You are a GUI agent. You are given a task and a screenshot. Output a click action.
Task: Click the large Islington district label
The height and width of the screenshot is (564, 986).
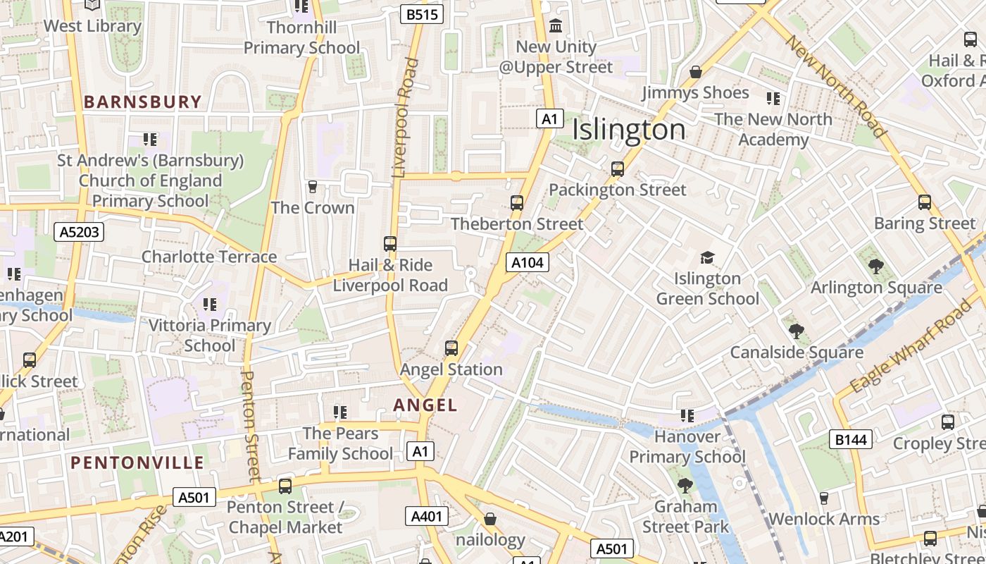(628, 130)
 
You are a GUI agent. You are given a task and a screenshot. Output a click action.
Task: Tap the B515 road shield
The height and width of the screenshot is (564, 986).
(421, 13)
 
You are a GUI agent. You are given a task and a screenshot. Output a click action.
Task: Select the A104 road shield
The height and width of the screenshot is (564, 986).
(527, 262)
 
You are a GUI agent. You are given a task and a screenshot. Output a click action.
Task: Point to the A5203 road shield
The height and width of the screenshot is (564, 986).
(79, 231)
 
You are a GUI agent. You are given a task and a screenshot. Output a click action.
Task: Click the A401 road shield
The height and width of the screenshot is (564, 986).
(427, 516)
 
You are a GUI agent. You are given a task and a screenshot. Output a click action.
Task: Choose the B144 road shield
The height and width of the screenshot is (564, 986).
(851, 440)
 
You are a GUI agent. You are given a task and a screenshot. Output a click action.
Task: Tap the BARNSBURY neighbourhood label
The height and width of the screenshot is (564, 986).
(143, 102)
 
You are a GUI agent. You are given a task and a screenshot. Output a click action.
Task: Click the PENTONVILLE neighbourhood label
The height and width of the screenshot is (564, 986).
(137, 463)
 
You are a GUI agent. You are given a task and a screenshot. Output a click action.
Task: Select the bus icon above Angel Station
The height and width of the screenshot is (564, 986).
(451, 348)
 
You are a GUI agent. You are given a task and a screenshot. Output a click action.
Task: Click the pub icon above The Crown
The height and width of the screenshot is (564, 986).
(313, 187)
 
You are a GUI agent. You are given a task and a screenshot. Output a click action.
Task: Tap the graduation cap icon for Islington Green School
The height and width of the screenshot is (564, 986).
(707, 258)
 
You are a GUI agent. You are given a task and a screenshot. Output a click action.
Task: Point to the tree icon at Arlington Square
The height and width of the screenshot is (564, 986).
(876, 266)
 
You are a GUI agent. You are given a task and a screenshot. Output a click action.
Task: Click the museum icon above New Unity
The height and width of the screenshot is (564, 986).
(556, 26)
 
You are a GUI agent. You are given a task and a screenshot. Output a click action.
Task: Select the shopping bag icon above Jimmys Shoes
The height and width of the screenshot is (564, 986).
(696, 72)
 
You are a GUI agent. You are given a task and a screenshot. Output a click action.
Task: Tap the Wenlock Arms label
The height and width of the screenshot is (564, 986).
(824, 520)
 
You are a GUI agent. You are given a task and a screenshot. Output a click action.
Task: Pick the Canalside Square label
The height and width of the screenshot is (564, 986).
(797, 352)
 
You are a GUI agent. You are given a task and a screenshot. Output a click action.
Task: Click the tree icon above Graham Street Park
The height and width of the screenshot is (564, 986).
(685, 486)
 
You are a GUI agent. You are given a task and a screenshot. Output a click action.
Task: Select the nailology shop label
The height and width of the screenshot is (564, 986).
(490, 541)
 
